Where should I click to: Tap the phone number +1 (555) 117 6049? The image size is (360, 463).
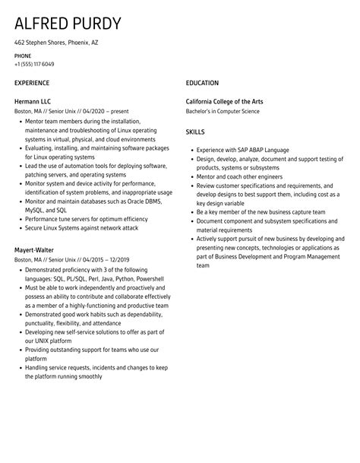pos(34,64)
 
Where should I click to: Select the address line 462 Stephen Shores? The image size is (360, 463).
pos(56,43)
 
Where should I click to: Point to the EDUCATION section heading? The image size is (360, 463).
pos(202,83)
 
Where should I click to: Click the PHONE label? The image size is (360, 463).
pos(23,55)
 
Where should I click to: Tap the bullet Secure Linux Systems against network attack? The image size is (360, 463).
pos(81,227)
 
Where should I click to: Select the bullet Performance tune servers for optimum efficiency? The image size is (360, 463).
pos(86,219)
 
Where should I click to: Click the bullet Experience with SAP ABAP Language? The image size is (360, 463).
pos(243,151)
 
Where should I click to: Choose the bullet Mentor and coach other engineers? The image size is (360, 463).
pos(239,176)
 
